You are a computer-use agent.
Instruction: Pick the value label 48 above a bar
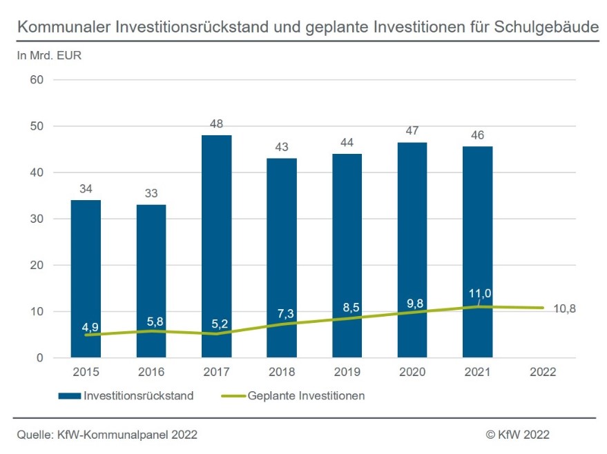[216, 124]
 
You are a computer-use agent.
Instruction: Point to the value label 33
[151, 193]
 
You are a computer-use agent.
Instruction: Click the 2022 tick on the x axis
[542, 373]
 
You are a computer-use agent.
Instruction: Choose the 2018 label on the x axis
[281, 373]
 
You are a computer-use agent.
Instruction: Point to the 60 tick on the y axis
[36, 80]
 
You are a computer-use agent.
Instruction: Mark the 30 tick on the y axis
[36, 219]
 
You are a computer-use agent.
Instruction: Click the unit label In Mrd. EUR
[49, 56]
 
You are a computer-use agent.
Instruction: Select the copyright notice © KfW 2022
[517, 435]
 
